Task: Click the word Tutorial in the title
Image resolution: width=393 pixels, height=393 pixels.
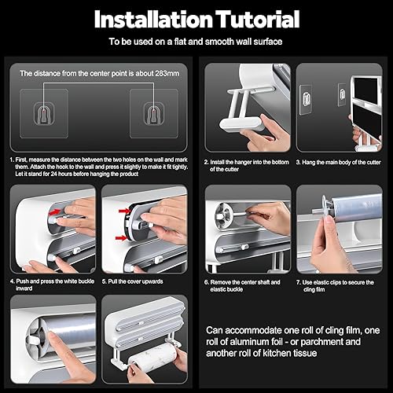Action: [x=257, y=19]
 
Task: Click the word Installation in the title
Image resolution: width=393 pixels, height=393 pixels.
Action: [x=153, y=19]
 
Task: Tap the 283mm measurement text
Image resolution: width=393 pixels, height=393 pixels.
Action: [x=167, y=73]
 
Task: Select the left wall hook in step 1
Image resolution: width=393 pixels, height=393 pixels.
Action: [x=44, y=113]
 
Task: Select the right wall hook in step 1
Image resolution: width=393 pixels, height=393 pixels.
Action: [x=154, y=113]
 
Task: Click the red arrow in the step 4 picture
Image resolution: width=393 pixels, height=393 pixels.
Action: [x=54, y=211]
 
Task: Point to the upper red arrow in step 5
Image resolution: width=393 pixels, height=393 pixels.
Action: [x=124, y=211]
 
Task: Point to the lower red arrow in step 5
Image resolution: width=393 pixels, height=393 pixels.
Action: [x=121, y=238]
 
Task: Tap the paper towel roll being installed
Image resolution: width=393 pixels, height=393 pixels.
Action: [x=151, y=358]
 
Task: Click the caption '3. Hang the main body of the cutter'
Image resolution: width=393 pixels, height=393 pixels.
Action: [x=338, y=162]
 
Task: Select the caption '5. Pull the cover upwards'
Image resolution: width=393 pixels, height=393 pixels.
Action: [x=132, y=281]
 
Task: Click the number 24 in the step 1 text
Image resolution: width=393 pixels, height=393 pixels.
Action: [x=53, y=174]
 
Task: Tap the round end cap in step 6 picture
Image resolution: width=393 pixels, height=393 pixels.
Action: [x=223, y=215]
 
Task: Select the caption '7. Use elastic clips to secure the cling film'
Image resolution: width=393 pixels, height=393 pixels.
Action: [x=335, y=286]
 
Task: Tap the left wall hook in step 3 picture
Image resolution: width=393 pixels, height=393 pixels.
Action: [x=306, y=99]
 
